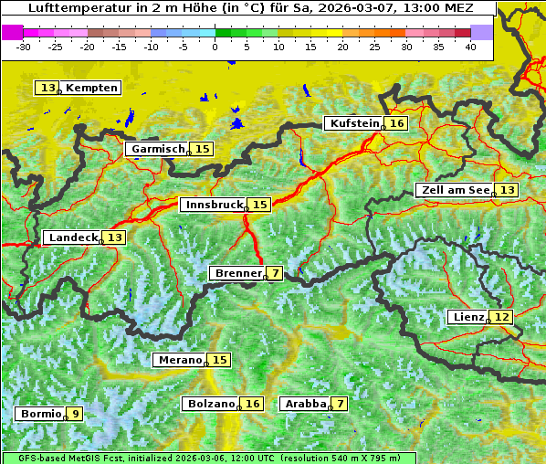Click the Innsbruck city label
[x=214, y=205]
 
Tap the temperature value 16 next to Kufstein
[x=396, y=123]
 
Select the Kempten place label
[x=92, y=88]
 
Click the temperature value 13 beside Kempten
[x=47, y=88]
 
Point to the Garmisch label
[x=157, y=149]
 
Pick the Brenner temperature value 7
[x=275, y=273]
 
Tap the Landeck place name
[x=73, y=237]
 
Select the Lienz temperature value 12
[x=502, y=317]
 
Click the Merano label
[x=179, y=360]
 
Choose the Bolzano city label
[x=211, y=403]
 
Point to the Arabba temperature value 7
[x=340, y=403]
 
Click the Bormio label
[x=40, y=414]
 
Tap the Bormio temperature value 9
[x=75, y=414]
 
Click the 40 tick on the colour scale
[x=470, y=47]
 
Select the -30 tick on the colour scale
[x=25, y=47]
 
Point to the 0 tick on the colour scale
[x=215, y=47]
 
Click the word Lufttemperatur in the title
[x=70, y=7]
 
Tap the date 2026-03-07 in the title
[x=349, y=7]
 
